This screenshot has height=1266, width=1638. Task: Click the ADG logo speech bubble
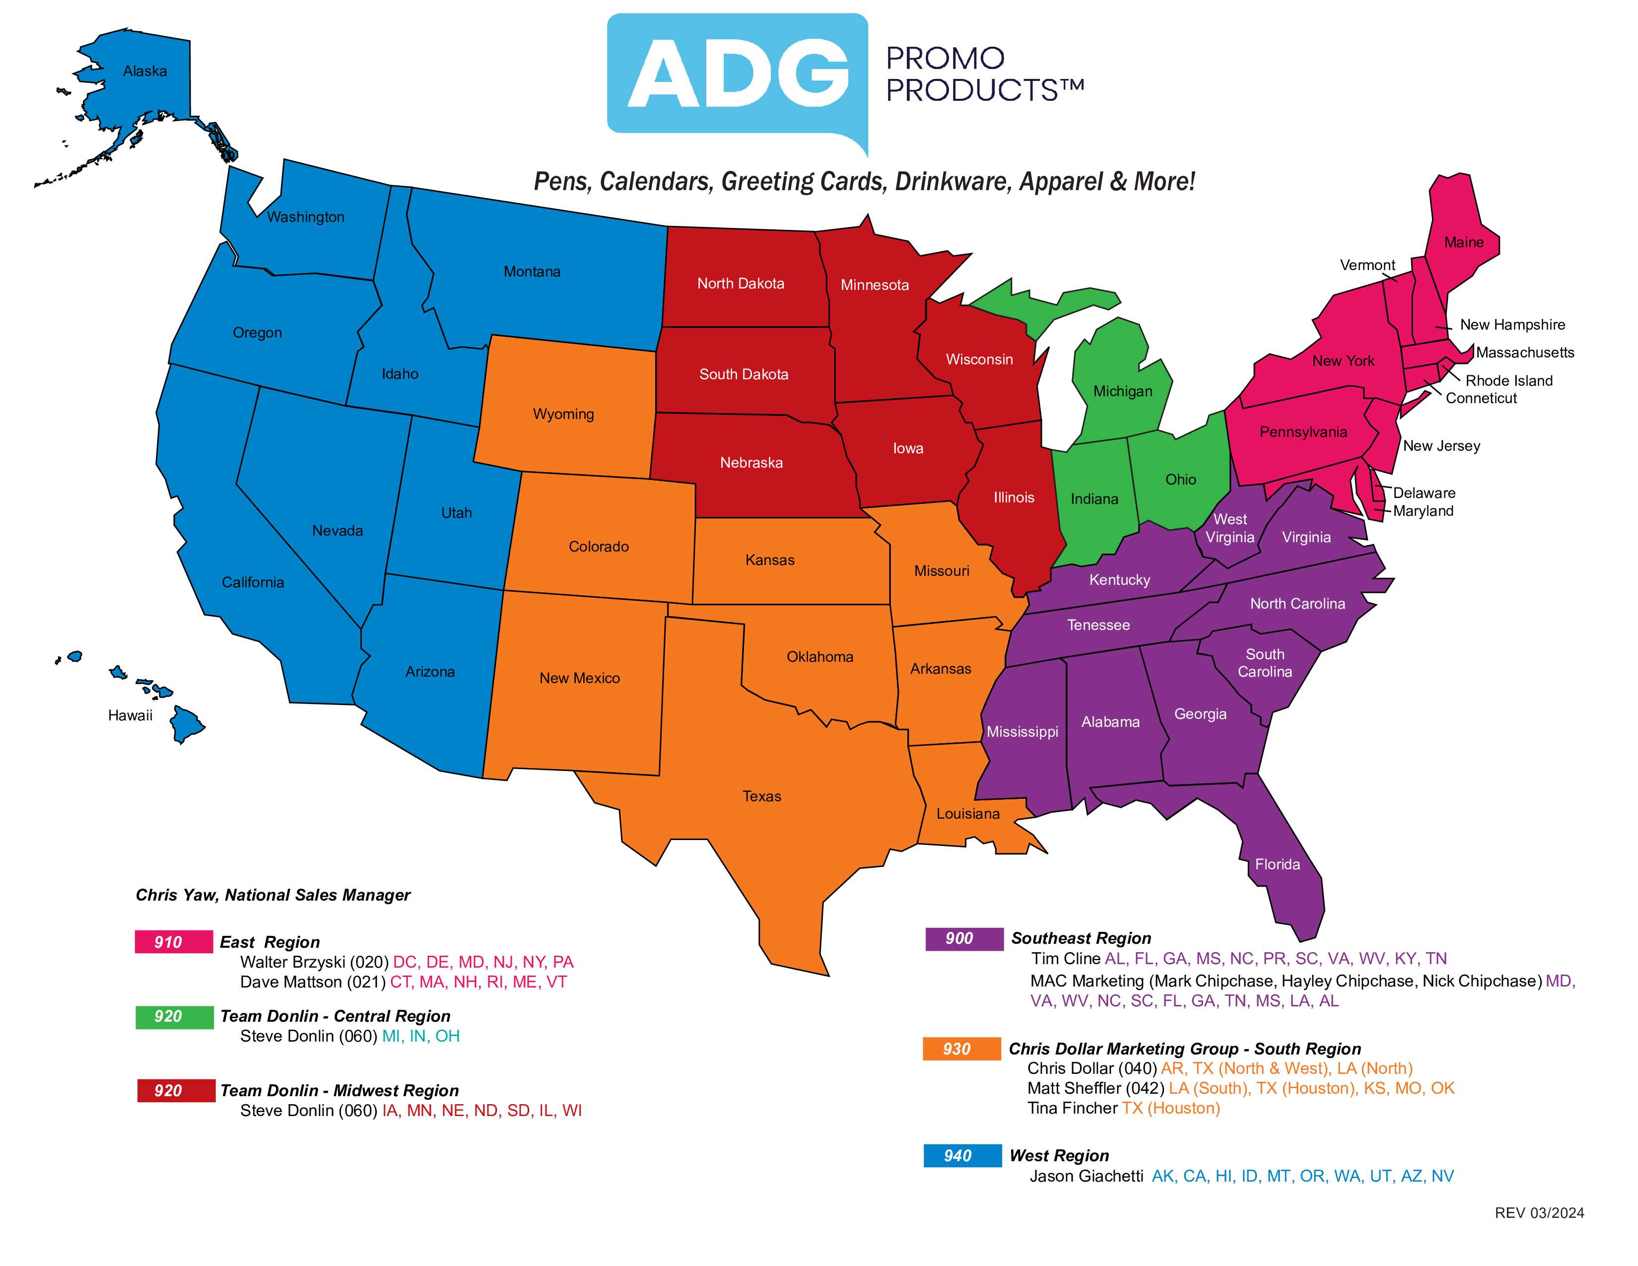coord(737,75)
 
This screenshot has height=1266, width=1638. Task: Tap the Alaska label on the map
coord(145,71)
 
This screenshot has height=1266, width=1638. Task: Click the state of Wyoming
coord(563,414)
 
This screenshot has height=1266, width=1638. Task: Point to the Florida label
coord(1277,864)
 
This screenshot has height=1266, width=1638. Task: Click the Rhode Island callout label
coord(1508,380)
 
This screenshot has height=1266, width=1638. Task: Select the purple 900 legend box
coord(964,938)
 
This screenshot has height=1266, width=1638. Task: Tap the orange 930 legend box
coord(961,1049)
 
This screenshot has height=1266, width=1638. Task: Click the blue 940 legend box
coord(961,1156)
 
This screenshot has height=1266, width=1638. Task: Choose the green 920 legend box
coord(173,1016)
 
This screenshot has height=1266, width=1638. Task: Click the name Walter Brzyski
coord(292,962)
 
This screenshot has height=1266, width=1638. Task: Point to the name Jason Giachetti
coord(1086,1176)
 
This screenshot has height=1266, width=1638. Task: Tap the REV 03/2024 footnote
coord(1539,1213)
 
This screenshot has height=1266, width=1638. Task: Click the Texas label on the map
coord(761,796)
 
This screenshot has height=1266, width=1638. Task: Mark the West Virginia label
coord(1229,528)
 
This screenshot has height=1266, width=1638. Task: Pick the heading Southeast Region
coord(1081,938)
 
